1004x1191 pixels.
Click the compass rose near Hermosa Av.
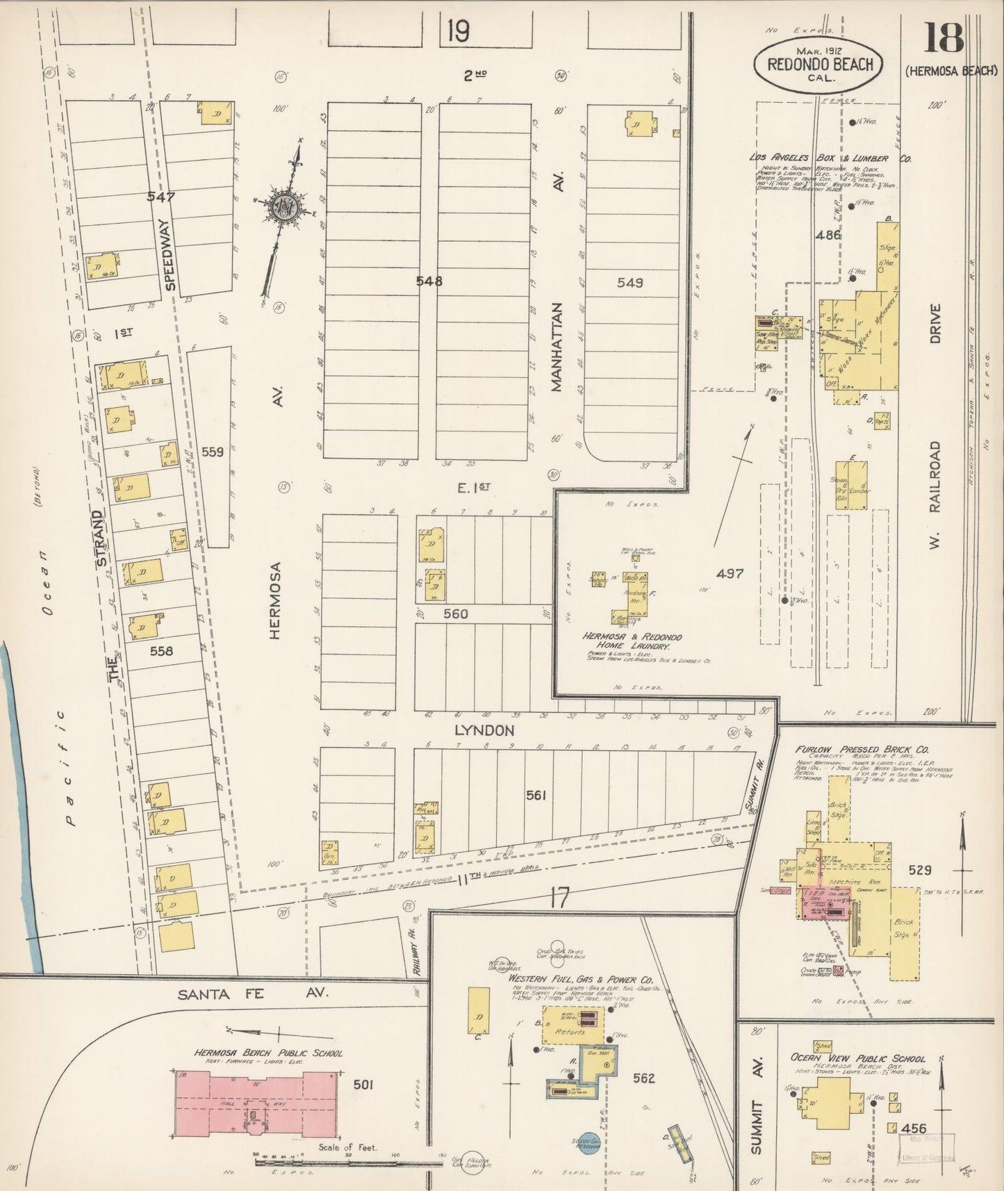(x=283, y=206)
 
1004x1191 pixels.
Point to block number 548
(x=429, y=281)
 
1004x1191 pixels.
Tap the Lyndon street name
(x=484, y=730)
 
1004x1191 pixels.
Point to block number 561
(x=536, y=795)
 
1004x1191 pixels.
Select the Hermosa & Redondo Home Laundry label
(x=632, y=641)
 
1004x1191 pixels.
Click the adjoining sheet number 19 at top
(x=458, y=31)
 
